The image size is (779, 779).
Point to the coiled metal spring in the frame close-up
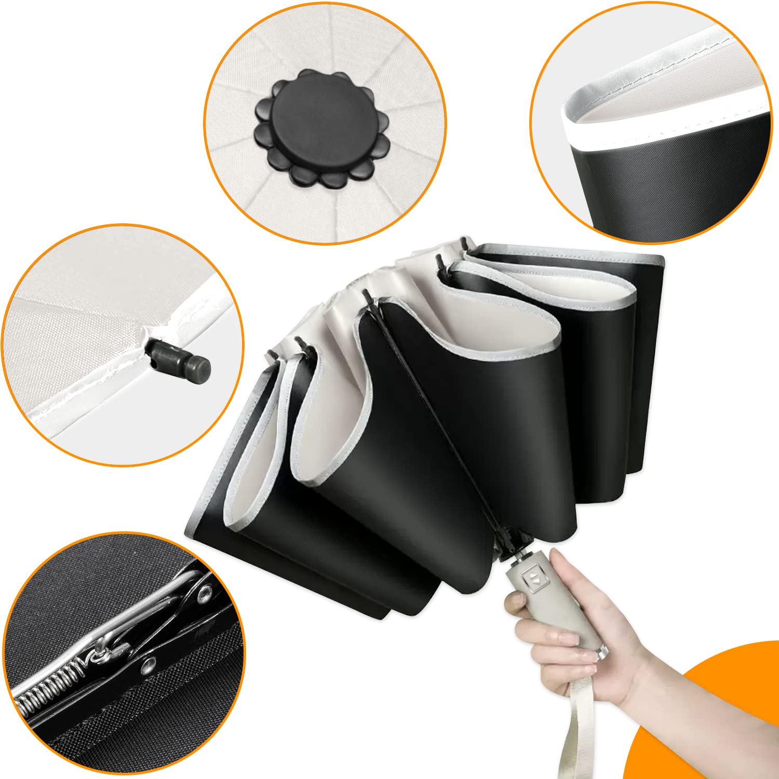[x=49, y=686]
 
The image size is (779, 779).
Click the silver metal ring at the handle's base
[x=602, y=652]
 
